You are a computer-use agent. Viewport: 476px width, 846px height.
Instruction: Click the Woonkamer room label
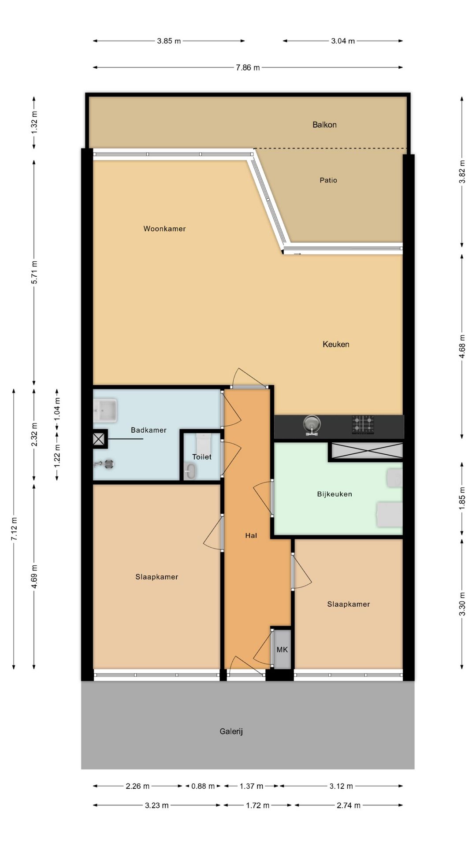164,229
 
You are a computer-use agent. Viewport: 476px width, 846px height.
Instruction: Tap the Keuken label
336,344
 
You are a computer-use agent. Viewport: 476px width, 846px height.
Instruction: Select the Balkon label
324,125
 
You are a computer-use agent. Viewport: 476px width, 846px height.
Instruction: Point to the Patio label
328,180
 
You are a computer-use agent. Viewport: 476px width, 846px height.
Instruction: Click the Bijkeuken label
335,494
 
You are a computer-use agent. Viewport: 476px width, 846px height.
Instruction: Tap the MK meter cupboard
282,649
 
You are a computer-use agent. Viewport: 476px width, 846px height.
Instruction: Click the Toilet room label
202,457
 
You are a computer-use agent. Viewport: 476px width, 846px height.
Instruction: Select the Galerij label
231,731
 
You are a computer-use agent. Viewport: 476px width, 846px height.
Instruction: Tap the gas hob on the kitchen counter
363,425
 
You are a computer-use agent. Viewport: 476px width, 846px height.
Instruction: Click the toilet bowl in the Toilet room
190,471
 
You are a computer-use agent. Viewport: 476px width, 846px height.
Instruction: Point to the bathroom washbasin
105,411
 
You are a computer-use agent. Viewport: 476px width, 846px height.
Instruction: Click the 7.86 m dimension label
248,67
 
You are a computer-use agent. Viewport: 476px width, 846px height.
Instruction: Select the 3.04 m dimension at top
343,41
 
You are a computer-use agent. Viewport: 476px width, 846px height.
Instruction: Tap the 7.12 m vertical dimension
14,529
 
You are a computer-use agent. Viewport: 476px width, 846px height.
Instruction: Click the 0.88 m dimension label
203,786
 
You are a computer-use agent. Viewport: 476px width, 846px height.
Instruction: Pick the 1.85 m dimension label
462,498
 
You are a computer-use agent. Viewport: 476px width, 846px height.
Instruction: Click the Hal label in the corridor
251,535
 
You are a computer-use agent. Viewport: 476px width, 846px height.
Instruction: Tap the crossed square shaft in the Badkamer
100,439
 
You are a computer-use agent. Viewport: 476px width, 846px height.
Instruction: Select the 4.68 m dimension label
462,346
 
